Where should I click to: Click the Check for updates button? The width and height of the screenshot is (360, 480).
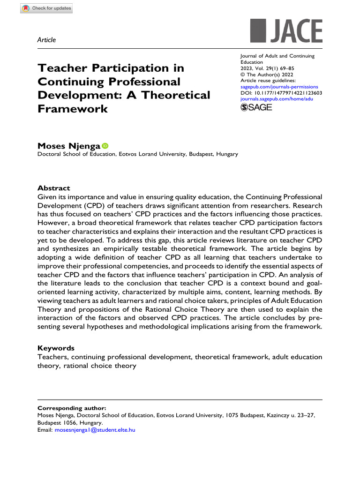[46, 8]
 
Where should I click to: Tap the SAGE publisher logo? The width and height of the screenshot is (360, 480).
[256, 107]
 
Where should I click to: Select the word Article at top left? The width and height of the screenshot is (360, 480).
[46, 40]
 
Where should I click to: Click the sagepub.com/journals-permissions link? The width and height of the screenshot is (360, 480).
[279, 87]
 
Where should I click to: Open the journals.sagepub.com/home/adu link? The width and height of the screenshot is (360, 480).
[276, 99]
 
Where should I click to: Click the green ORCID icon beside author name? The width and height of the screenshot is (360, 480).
[105, 146]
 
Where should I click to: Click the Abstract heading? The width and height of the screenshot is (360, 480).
[54, 188]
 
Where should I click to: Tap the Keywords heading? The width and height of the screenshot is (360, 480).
[55, 348]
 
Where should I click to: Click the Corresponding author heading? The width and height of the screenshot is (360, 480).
[72, 408]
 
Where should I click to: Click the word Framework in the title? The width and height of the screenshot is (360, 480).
[73, 109]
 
